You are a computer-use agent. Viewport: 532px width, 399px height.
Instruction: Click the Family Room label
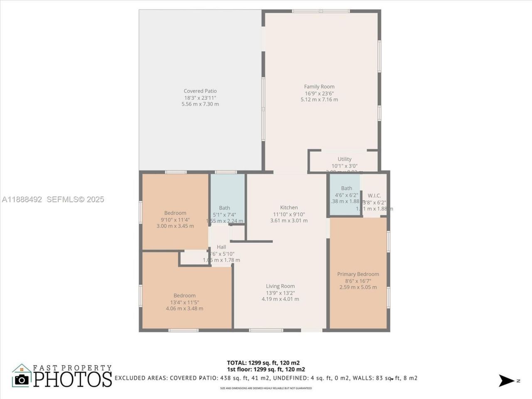319,87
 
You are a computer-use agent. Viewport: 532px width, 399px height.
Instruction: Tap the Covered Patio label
200,91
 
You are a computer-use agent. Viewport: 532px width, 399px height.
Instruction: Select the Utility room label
344,159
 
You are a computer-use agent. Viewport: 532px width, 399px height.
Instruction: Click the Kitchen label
288,207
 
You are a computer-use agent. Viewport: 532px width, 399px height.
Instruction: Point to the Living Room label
280,286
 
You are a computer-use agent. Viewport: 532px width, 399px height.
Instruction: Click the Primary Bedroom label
358,274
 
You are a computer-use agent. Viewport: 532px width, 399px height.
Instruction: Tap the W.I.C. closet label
374,196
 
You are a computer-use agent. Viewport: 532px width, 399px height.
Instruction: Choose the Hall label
221,247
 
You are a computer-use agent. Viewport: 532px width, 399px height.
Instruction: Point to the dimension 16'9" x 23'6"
319,94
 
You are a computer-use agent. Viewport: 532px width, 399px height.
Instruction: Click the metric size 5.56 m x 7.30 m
200,104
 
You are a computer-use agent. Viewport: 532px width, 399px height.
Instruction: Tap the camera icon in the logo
22,379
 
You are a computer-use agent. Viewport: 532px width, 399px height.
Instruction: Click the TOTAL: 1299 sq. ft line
263,362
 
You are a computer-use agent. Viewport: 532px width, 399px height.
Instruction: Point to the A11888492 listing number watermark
22,199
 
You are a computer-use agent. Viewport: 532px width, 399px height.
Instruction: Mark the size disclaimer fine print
266,388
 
